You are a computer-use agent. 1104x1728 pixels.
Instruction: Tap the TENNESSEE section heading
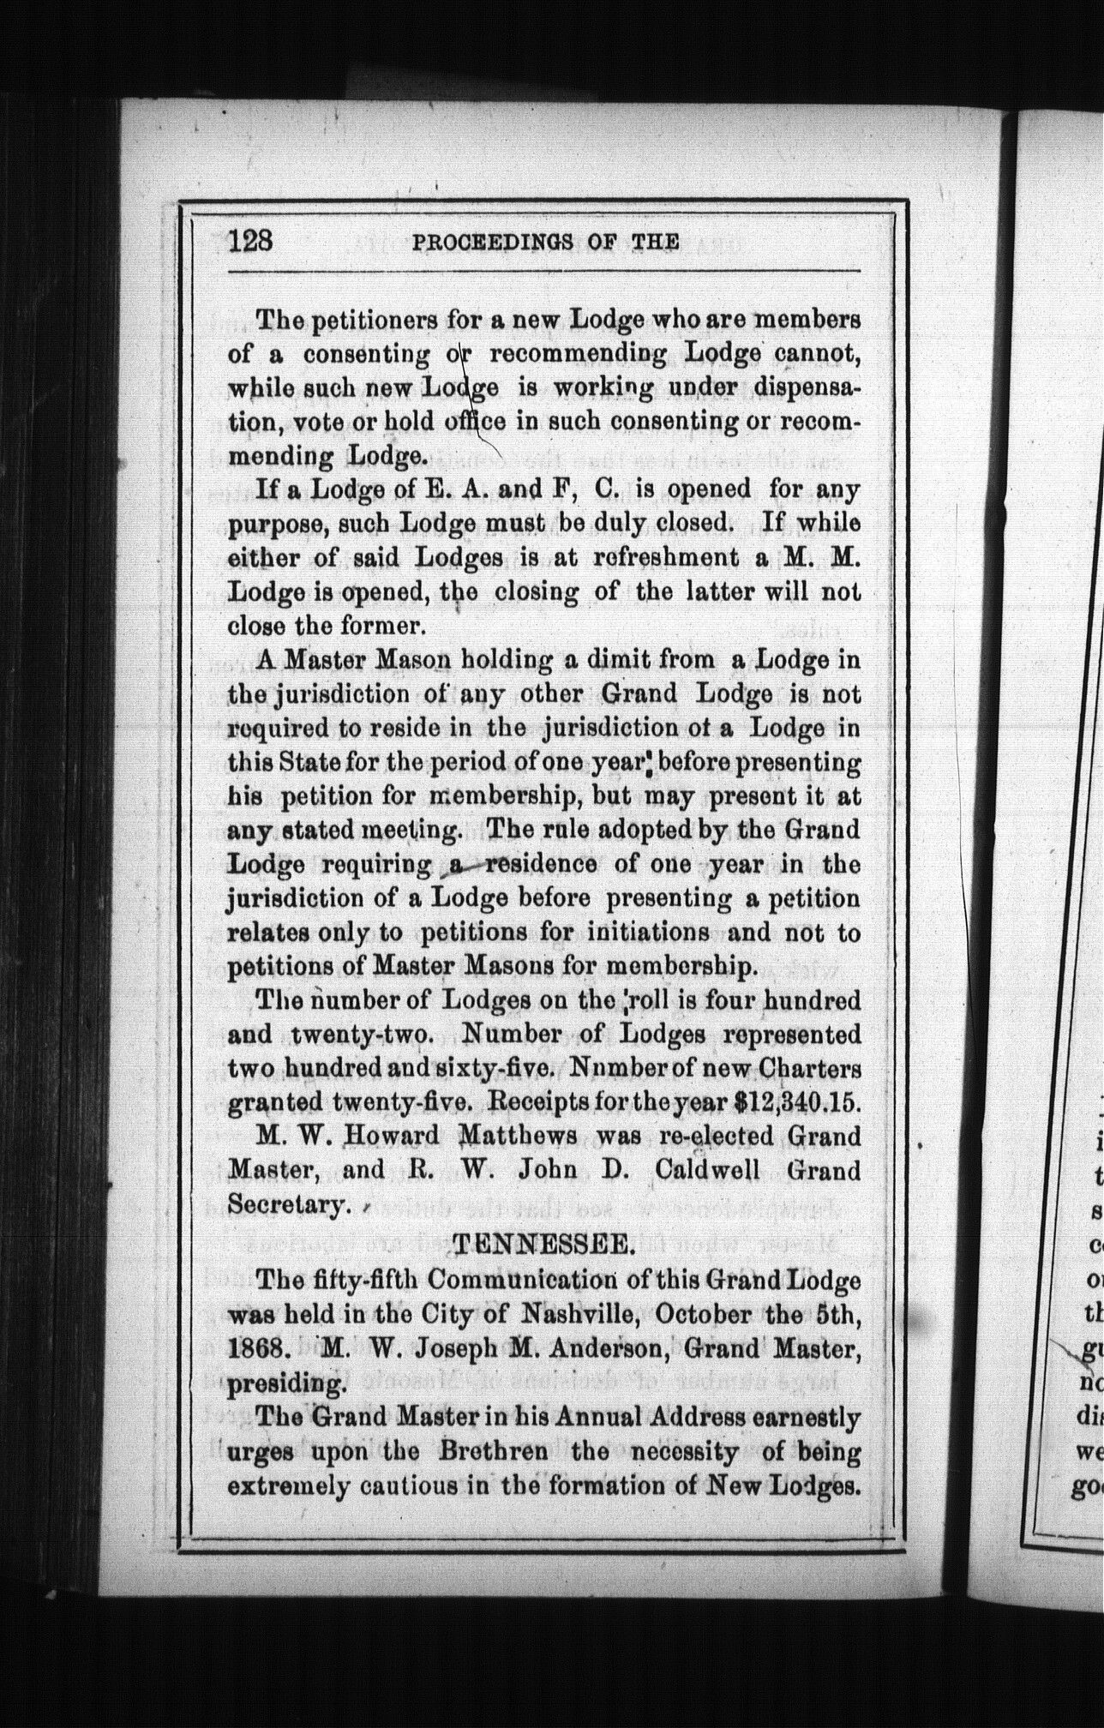tap(543, 1241)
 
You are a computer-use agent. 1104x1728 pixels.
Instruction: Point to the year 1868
tap(256, 1345)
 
